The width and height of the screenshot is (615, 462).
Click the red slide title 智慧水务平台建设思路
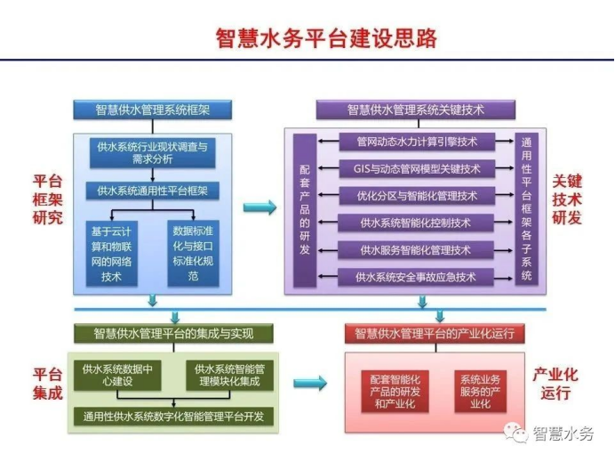326,38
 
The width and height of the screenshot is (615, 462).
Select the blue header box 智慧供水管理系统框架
153,109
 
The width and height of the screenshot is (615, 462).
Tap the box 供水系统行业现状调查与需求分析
153,153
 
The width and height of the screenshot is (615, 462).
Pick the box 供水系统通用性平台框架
153,190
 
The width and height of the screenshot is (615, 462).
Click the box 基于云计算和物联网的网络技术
111,254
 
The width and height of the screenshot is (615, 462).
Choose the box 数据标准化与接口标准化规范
193,254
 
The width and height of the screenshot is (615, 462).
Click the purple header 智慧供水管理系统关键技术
416,109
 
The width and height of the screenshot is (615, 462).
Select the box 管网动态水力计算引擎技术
417,142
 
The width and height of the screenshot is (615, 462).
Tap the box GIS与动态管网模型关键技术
417,168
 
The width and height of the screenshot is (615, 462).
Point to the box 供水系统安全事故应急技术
416,277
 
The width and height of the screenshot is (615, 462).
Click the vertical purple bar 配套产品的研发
305,210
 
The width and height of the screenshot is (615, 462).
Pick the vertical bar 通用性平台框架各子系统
526,209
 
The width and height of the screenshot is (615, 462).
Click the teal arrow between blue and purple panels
260,207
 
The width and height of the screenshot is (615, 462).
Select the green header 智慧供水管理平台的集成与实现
173,334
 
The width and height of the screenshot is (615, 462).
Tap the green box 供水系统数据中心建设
117,375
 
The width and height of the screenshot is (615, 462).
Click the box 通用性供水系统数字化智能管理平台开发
173,417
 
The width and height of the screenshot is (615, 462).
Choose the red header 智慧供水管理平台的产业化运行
435,334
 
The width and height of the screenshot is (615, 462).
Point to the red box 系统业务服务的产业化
481,392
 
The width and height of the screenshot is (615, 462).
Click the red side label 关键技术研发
567,199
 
